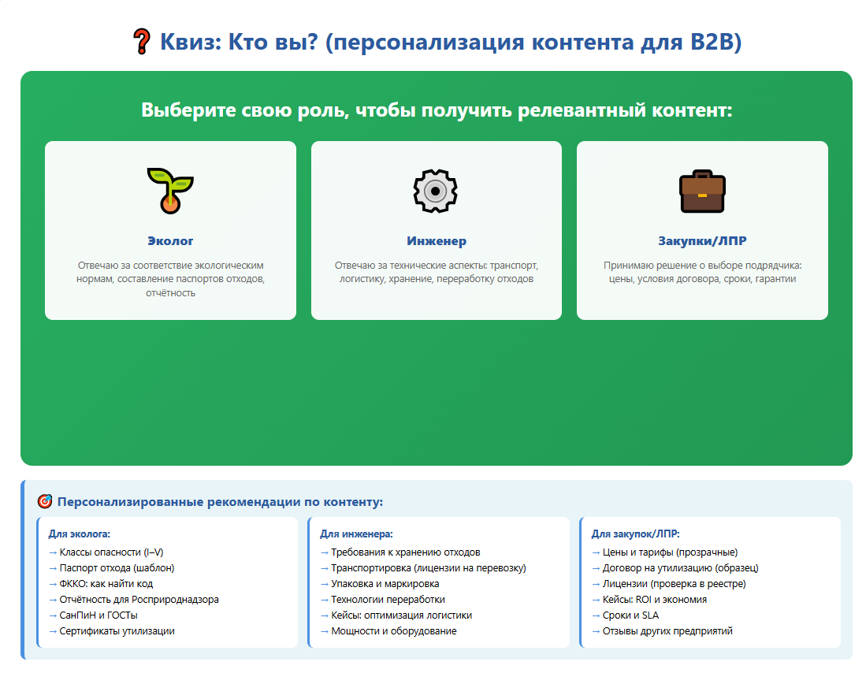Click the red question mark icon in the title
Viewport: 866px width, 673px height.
(142, 42)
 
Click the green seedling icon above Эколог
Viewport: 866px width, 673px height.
(170, 191)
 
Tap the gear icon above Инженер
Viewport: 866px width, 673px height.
(436, 191)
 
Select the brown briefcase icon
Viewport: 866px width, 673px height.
(702, 191)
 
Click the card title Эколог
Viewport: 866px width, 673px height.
(170, 241)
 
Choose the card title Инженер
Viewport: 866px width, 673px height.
(437, 241)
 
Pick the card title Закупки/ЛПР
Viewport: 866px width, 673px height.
(702, 241)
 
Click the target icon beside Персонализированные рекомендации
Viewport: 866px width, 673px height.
(45, 502)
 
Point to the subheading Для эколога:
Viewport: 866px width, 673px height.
(79, 534)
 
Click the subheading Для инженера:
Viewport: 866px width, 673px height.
(356, 534)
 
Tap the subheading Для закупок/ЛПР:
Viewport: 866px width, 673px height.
(635, 534)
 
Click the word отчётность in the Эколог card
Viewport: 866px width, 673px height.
(170, 293)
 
